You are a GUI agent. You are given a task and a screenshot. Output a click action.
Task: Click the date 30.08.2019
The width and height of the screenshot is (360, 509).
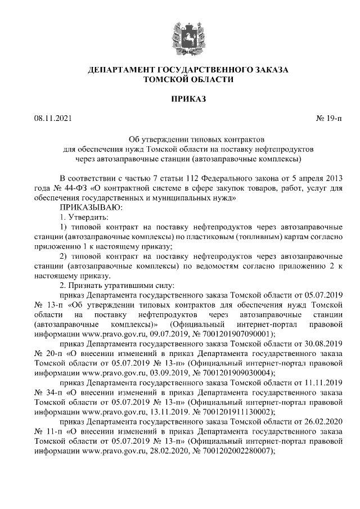322,343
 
